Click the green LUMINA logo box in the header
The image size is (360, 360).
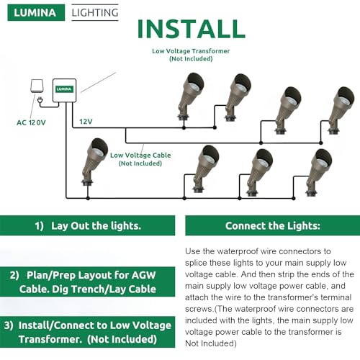35,12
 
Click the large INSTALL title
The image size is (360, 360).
191,28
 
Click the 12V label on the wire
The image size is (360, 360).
86,121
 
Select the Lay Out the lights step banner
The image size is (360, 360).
87,225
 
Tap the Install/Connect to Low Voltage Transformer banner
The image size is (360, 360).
87,332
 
